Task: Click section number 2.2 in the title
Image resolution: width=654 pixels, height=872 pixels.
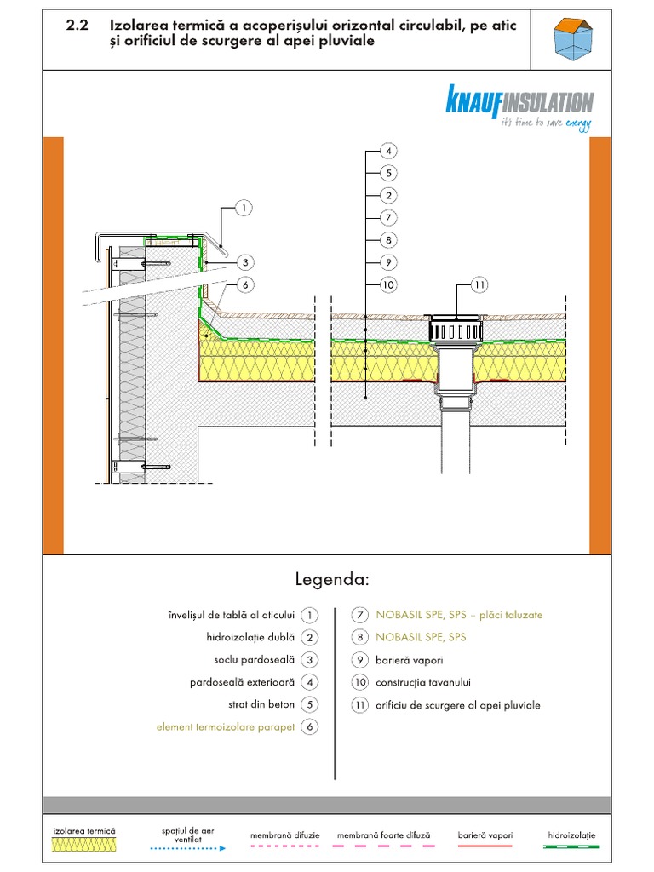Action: point(78,26)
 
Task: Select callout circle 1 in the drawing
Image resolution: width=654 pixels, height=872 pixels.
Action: point(244,207)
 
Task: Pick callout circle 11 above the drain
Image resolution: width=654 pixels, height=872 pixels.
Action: point(479,284)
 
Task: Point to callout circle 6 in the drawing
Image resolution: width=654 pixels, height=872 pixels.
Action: point(244,285)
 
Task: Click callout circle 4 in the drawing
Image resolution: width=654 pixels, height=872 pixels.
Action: point(387,152)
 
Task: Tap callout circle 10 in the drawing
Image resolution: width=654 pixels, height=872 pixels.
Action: point(387,284)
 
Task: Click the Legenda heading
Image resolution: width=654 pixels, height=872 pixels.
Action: point(332,580)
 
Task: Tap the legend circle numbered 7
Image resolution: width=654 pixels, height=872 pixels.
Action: point(359,614)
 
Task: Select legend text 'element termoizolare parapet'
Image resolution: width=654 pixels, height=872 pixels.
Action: point(226,726)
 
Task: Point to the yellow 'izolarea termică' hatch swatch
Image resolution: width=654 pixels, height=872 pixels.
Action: point(84,845)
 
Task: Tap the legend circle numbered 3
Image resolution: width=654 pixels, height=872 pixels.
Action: point(311,659)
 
